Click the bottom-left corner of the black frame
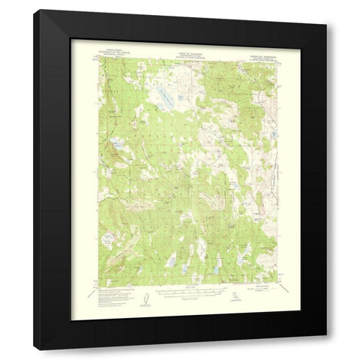click(33, 351)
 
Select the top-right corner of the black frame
click(325, 10)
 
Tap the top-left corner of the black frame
click(33, 10)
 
